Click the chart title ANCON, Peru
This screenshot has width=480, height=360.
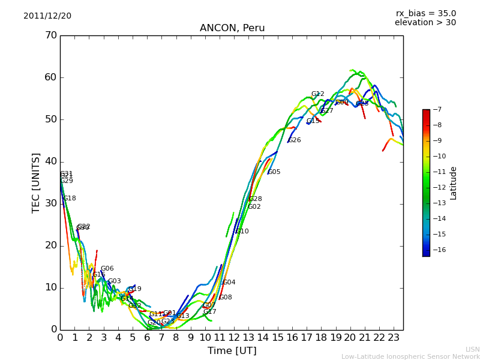[232, 28]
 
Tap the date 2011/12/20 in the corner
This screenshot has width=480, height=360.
[47, 16]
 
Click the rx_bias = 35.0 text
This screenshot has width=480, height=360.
[426, 13]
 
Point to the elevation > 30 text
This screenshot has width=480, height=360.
[425, 23]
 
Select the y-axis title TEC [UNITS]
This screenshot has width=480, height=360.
[36, 182]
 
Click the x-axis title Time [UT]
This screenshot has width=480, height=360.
[232, 350]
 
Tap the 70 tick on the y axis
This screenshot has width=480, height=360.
[51, 35]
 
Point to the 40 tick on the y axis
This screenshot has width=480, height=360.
[51, 161]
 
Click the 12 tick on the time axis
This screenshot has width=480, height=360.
[234, 338]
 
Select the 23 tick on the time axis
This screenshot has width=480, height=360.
[394, 338]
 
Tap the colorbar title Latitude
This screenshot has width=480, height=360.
[454, 183]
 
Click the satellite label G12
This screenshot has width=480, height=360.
[317, 94]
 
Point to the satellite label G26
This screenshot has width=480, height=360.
[295, 140]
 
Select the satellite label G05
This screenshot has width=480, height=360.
[274, 172]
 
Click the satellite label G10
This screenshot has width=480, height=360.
[242, 232]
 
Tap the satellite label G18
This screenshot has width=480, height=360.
[70, 199]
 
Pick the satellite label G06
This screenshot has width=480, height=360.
[107, 269]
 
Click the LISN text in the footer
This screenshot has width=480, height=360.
[473, 349]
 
